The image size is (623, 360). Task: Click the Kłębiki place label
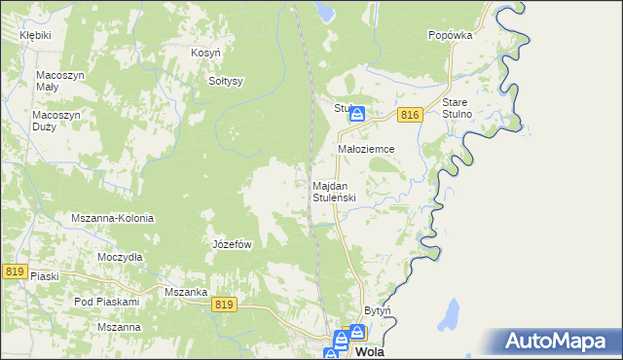point(35,34)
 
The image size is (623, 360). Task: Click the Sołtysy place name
point(226,81)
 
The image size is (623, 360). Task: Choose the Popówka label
point(450,34)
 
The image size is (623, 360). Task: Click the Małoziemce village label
point(365,149)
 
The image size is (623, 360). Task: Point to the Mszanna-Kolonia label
point(113,219)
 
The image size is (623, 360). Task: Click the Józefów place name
point(233,244)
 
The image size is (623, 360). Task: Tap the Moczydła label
point(121,257)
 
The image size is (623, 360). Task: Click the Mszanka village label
point(185,292)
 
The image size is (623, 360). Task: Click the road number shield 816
point(409,116)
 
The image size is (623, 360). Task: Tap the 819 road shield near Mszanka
point(224,305)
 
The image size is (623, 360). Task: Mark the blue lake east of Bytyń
point(450,314)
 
